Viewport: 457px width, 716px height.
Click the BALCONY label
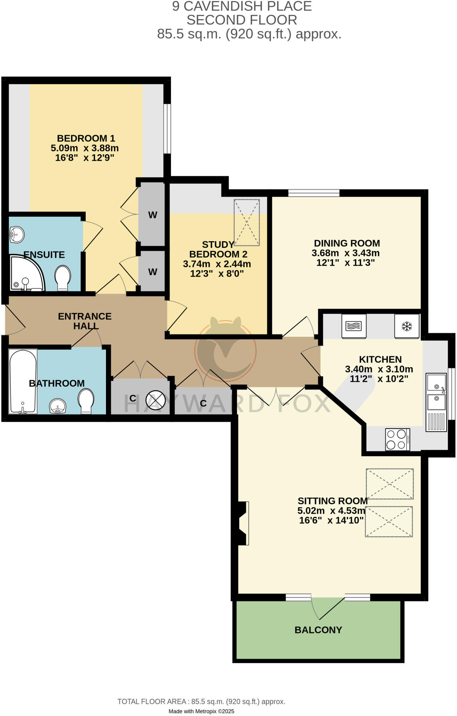click(318, 630)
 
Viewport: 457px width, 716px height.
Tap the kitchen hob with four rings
click(397, 439)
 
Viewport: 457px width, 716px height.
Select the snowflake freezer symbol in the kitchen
click(406, 327)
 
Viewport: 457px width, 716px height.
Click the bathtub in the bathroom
click(23, 381)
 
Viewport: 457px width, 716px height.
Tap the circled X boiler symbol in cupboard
click(155, 400)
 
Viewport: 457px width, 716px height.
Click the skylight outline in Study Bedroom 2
click(247, 222)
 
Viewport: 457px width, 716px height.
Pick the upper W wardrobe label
click(152, 215)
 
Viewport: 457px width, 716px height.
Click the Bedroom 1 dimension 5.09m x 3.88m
click(85, 148)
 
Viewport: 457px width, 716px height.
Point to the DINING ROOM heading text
click(347, 243)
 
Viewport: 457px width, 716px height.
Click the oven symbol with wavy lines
click(354, 326)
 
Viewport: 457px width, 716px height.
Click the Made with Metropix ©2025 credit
click(201, 711)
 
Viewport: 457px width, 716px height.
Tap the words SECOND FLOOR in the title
click(242, 20)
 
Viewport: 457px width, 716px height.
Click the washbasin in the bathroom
click(58, 406)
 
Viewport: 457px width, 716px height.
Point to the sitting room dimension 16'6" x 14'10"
click(331, 520)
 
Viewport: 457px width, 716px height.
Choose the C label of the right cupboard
click(203, 403)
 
